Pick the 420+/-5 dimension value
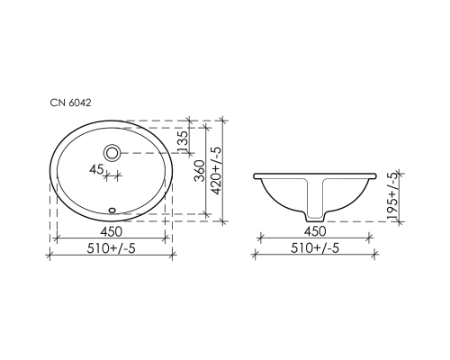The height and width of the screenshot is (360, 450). (x=215, y=168)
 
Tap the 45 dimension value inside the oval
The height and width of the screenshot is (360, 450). (x=95, y=168)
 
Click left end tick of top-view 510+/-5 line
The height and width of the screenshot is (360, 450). (x=48, y=256)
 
